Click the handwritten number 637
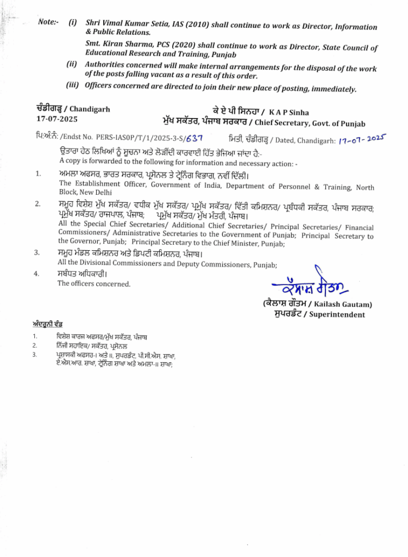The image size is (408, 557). coord(194,139)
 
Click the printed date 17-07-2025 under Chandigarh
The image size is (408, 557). coord(57,119)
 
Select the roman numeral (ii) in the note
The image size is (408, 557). coord(72,64)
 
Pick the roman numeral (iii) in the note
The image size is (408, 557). coord(73,85)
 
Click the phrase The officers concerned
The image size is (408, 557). coord(94,283)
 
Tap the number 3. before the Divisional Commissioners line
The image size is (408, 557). coord(37,253)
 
